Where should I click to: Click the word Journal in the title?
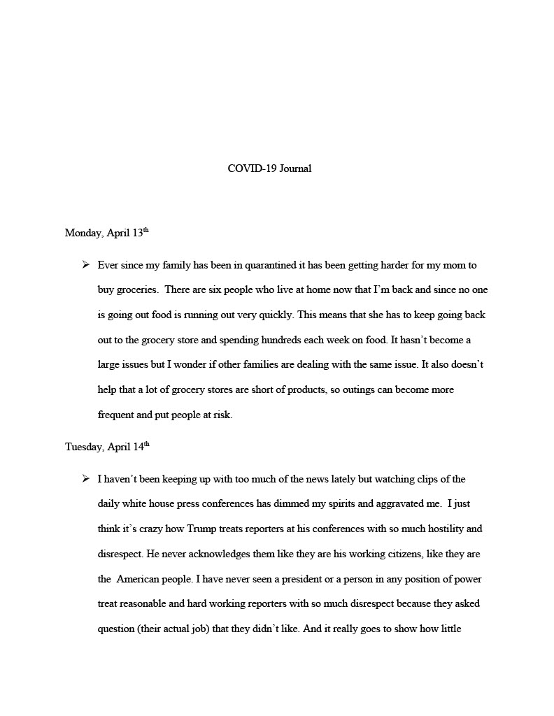[295, 169]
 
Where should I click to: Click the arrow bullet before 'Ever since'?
[85, 265]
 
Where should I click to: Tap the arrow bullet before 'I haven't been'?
[85, 479]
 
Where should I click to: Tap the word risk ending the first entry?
[220, 415]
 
